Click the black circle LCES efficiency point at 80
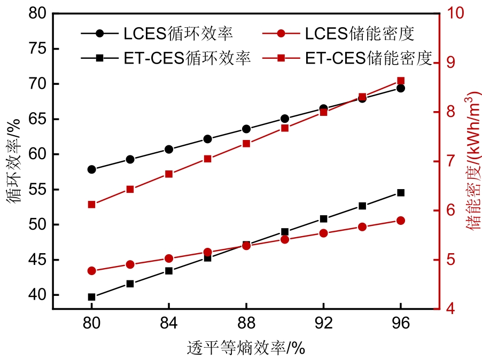click(91, 169)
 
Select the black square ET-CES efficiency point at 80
click(91, 297)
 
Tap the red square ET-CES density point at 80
click(91, 205)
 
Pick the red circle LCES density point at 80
click(91, 271)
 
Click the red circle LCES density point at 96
click(401, 221)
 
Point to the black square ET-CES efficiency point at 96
click(401, 192)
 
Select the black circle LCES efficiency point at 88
click(246, 129)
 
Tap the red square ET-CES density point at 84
click(169, 174)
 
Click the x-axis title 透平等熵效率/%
click(246, 348)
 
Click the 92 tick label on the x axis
click(323, 323)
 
